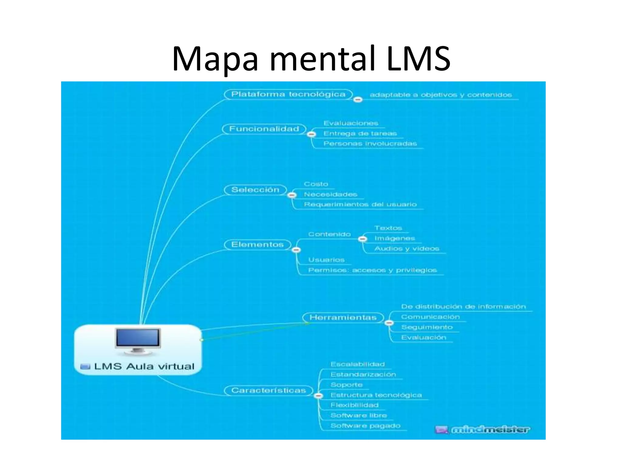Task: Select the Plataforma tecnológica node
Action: [288, 94]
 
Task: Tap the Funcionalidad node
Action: [264, 129]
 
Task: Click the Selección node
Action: [255, 190]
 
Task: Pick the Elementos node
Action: [257, 244]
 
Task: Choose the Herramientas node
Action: [343, 317]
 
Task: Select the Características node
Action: [268, 390]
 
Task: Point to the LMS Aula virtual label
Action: [144, 366]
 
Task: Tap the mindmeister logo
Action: [483, 430]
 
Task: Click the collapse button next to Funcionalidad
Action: [312, 134]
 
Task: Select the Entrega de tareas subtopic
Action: [360, 133]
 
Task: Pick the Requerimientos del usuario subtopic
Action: [360, 204]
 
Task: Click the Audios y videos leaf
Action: [407, 249]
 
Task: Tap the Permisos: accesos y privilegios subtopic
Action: [372, 270]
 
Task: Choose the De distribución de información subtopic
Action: [463, 306]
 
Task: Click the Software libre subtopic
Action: [359, 415]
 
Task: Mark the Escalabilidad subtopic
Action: [357, 364]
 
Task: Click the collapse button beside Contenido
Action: [362, 239]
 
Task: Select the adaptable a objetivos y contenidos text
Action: [441, 95]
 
